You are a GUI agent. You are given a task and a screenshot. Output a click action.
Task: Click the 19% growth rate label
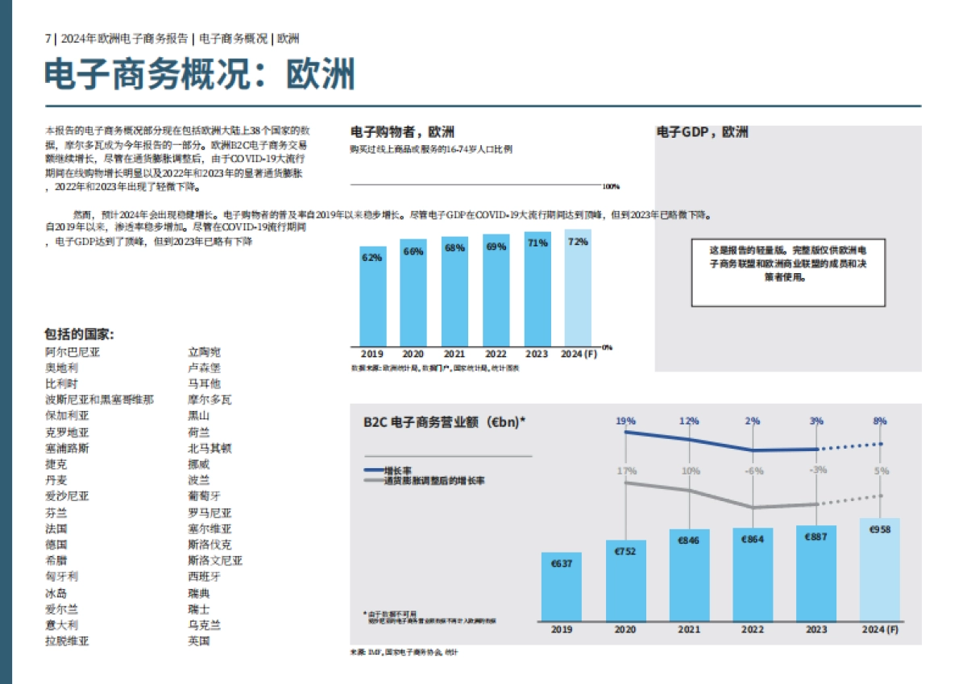[x=625, y=421]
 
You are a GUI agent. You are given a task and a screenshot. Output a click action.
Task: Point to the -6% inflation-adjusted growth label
[x=753, y=471]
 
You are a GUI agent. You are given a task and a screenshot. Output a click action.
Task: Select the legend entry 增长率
[x=398, y=470]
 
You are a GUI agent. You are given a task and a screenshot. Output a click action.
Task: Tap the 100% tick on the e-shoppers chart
[x=611, y=187]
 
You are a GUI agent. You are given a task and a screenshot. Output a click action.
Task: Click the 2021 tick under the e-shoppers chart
[x=454, y=354]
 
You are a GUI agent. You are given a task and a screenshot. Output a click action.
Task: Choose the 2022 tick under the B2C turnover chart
[x=753, y=630]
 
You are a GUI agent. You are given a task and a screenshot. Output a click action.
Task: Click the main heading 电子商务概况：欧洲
[x=199, y=75]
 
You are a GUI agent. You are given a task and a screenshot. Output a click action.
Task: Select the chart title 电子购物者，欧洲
[x=402, y=132]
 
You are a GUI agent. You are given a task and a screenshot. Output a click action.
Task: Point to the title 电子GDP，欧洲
[x=702, y=132]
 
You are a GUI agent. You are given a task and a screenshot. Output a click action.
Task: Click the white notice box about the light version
[x=789, y=272]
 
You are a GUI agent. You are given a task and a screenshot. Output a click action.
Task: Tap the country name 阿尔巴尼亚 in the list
[x=73, y=352]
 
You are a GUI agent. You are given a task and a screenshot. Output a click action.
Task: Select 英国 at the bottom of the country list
[x=199, y=641]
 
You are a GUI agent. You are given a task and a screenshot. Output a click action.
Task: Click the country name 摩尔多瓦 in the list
[x=210, y=400]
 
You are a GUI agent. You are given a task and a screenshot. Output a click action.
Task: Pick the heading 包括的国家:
[x=79, y=334]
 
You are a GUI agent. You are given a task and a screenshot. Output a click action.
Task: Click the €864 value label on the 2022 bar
[x=753, y=539]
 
